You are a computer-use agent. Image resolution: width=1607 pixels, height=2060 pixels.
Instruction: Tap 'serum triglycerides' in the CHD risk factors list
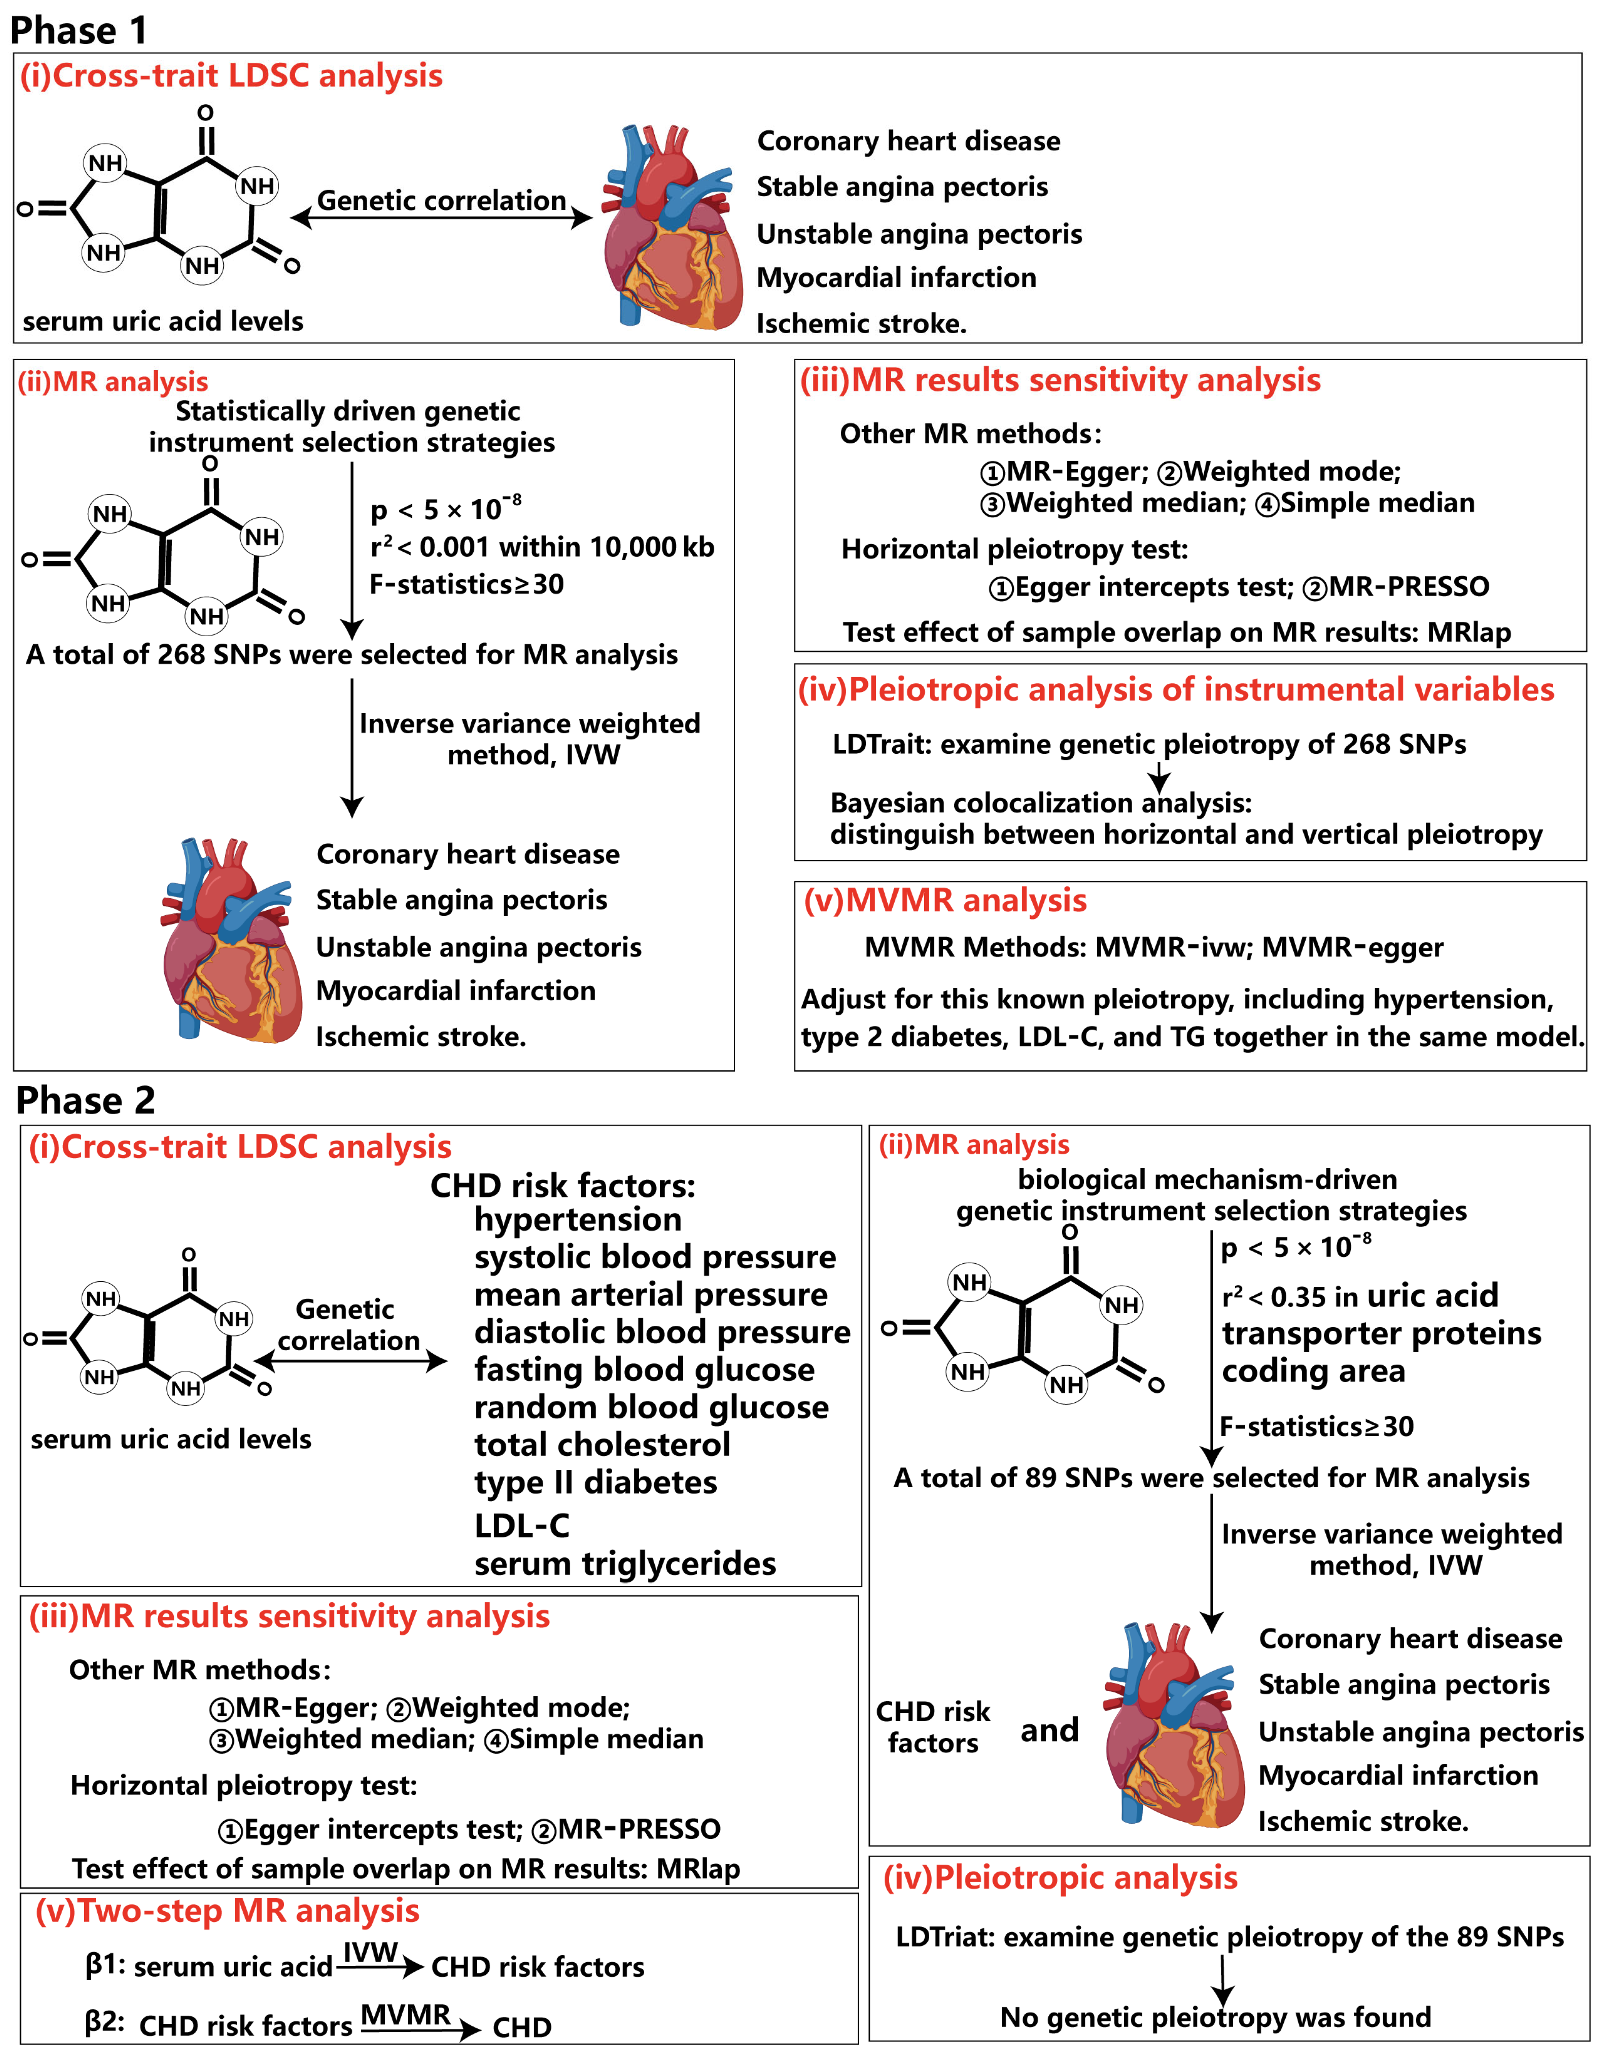click(x=625, y=1564)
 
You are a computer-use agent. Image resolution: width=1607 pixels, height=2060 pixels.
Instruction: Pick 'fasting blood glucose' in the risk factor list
click(x=645, y=1370)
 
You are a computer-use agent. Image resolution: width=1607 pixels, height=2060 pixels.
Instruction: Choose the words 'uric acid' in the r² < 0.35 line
click(x=1431, y=1296)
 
